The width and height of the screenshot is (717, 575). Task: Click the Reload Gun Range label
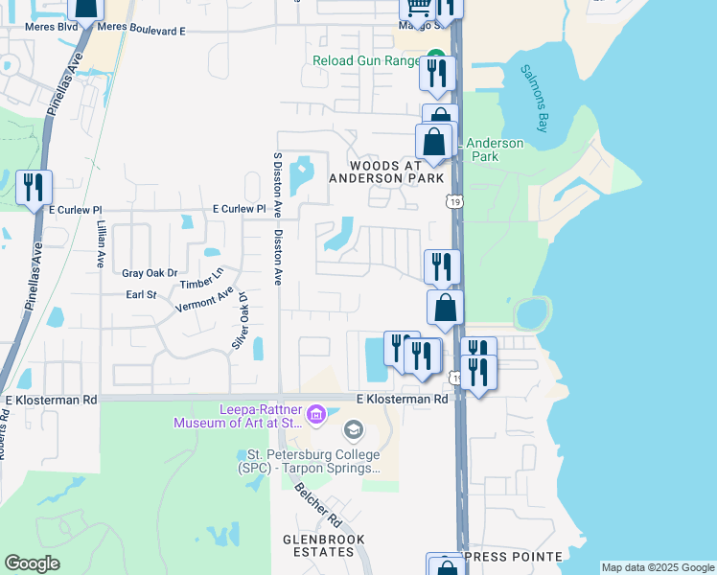tap(367, 60)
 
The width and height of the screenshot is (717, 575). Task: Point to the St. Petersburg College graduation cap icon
tap(353, 428)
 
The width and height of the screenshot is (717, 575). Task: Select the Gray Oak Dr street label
tap(150, 273)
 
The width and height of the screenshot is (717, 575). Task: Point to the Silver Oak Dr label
tap(240, 320)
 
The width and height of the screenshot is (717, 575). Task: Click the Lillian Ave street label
tap(99, 244)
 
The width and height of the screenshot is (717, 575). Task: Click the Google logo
tap(32, 563)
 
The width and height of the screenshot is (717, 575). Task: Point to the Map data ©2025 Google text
tap(658, 567)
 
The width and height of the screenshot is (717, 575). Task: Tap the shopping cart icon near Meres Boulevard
tap(417, 8)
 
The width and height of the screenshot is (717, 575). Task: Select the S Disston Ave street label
tap(277, 182)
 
